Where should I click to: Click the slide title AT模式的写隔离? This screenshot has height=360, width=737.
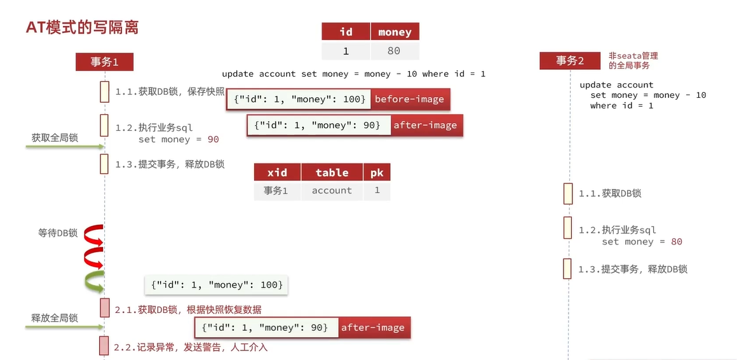82,27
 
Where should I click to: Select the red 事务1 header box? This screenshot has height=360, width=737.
104,62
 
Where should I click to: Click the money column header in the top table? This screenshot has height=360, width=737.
395,32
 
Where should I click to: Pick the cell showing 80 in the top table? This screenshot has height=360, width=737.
395,51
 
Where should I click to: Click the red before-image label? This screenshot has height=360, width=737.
409,99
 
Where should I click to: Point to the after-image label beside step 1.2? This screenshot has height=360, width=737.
425,125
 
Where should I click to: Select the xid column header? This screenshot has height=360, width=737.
277,173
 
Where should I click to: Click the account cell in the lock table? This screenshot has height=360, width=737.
332,190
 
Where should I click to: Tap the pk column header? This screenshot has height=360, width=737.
377,173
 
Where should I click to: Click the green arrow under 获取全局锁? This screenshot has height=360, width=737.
64,147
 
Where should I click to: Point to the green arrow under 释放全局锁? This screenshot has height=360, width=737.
64,328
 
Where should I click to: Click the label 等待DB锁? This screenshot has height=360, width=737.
58,233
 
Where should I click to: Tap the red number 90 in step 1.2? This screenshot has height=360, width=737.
213,140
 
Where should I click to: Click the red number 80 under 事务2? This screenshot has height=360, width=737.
676,242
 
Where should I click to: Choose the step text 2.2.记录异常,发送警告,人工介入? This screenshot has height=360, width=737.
191,347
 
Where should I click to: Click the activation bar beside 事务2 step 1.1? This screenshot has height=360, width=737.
567,194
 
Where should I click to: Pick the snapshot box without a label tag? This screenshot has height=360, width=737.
217,285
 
